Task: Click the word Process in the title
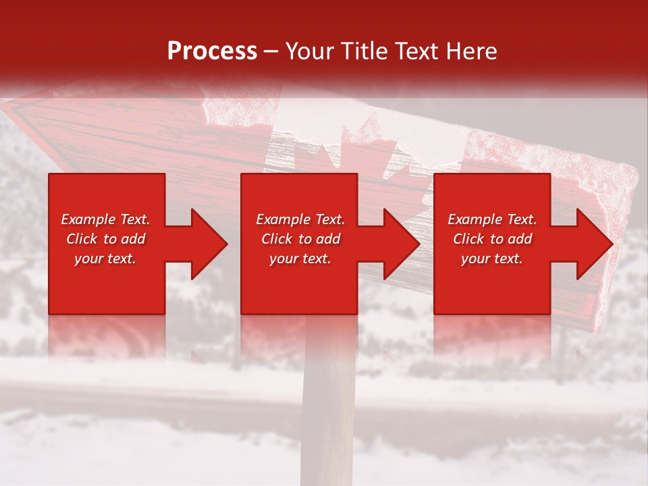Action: click(212, 51)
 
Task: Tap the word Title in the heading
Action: click(363, 51)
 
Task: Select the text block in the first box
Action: click(106, 239)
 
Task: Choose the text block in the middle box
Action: click(300, 239)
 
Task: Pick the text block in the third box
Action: click(492, 239)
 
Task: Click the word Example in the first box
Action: click(88, 219)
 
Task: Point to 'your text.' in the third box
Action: click(492, 259)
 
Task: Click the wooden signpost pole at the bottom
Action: click(329, 418)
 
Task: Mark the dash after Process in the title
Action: click(271, 52)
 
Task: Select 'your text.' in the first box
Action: click(105, 259)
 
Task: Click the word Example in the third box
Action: click(475, 219)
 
